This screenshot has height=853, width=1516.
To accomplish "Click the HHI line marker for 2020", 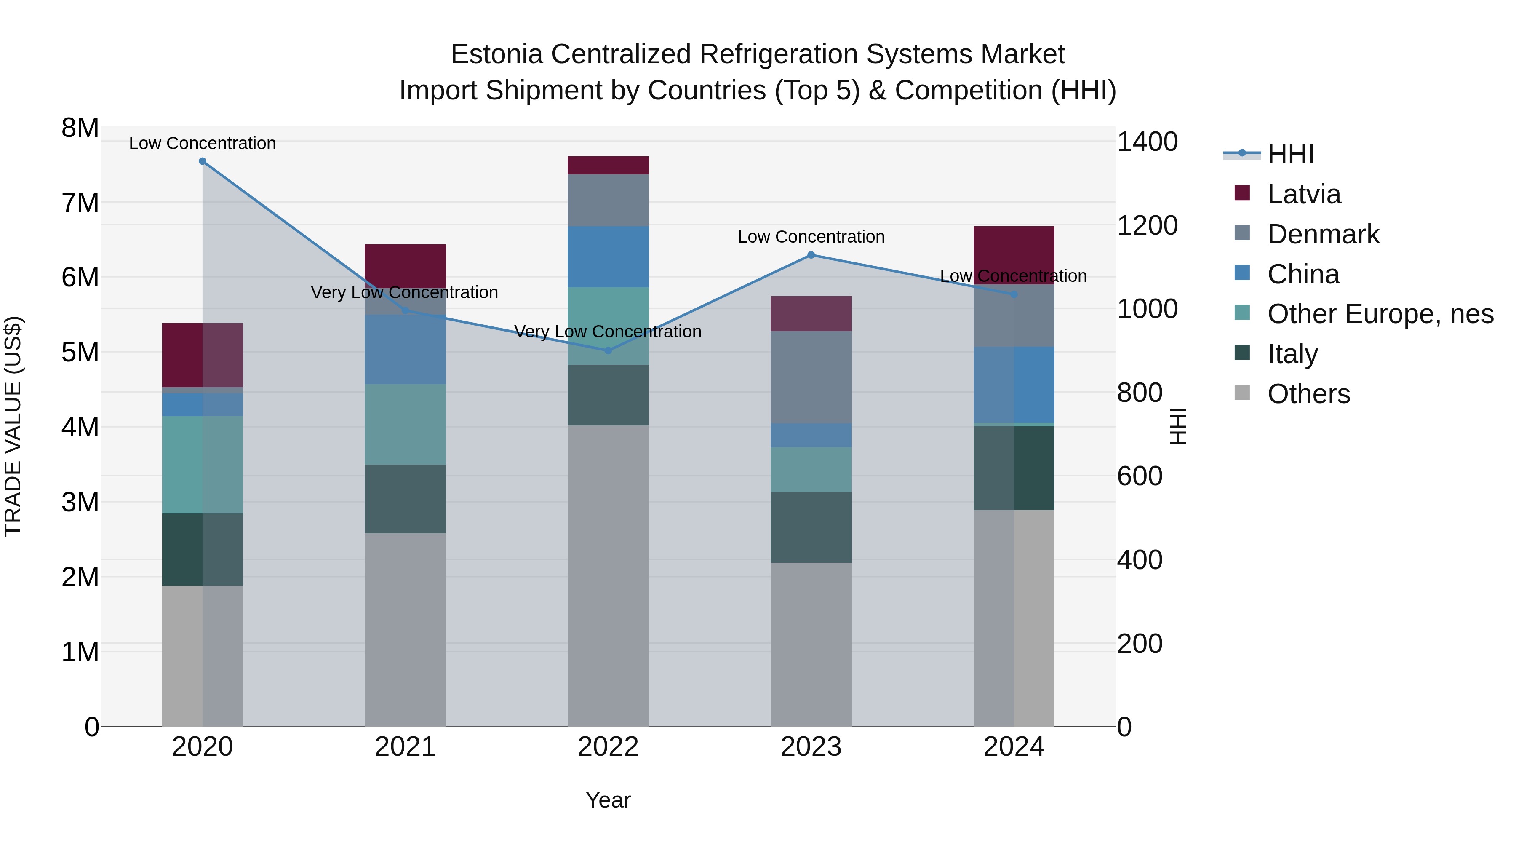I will pyautogui.click(x=203, y=161).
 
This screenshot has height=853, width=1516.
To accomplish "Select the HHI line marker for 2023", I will pyautogui.click(x=811, y=255).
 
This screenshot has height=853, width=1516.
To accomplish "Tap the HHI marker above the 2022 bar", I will pyautogui.click(x=608, y=351).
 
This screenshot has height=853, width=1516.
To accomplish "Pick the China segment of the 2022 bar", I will pyautogui.click(x=608, y=257).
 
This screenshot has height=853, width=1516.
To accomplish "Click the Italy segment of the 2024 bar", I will pyautogui.click(x=1014, y=468).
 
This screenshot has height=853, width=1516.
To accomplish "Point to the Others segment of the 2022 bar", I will pyautogui.click(x=608, y=576).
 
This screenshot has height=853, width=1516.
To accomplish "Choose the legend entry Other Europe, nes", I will pyautogui.click(x=1380, y=314).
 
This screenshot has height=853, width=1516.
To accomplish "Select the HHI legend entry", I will pyautogui.click(x=1290, y=154).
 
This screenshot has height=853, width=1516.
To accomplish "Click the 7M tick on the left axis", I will pyautogui.click(x=80, y=203).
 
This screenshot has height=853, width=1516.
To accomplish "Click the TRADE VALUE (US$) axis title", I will pyautogui.click(x=13, y=426).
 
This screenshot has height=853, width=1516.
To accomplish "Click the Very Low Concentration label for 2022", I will pyautogui.click(x=608, y=332).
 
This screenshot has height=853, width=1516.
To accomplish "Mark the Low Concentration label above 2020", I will pyautogui.click(x=203, y=143).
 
